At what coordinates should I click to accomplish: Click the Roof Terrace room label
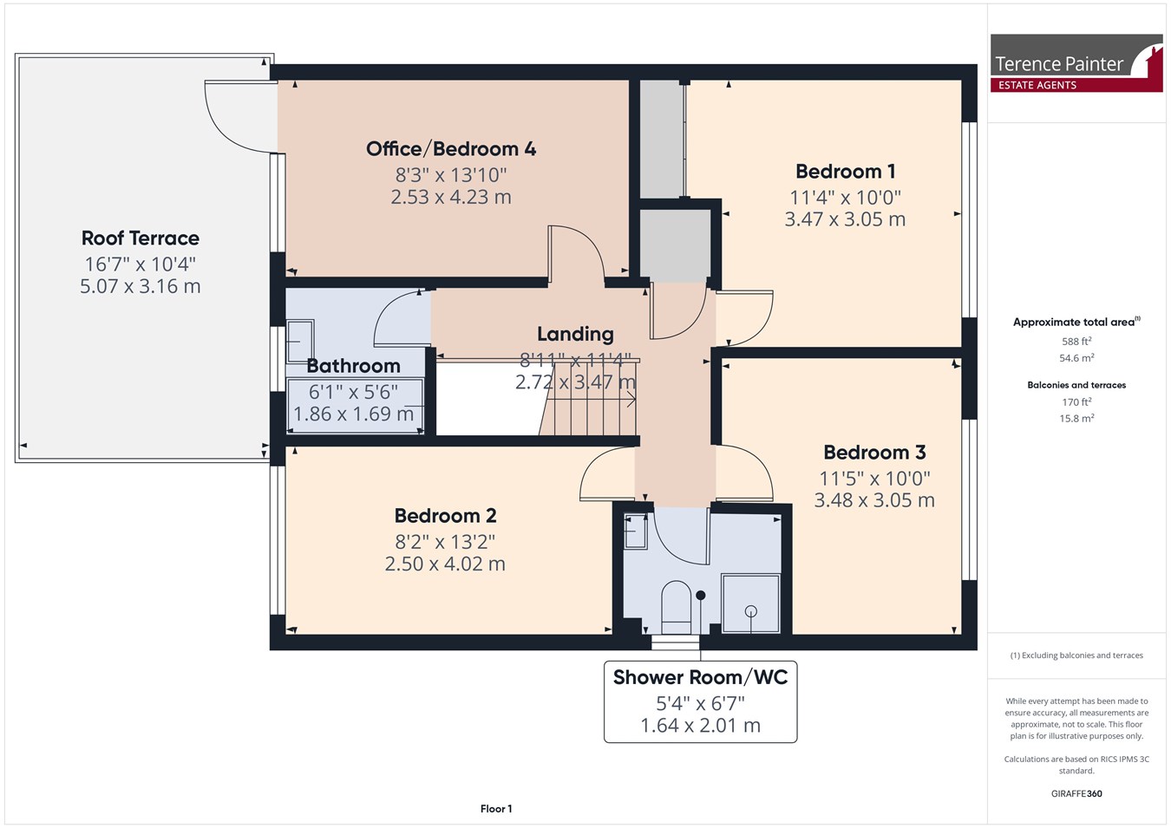[141, 238]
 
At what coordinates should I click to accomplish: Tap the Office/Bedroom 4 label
[451, 149]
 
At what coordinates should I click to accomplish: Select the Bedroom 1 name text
[846, 172]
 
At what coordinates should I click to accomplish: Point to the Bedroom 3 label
[874, 453]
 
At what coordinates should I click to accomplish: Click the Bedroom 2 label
[445, 516]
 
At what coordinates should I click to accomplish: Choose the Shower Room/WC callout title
[701, 677]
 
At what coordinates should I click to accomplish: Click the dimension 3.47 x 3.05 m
[846, 218]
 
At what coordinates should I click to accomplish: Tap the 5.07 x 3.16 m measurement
[141, 286]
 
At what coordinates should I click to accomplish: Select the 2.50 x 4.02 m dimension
[445, 564]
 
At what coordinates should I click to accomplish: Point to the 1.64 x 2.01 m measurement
[701, 725]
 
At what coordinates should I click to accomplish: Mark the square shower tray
[750, 604]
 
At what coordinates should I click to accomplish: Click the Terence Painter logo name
[1059, 64]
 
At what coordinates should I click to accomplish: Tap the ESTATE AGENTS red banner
[1076, 85]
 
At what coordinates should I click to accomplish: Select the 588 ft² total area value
[1076, 341]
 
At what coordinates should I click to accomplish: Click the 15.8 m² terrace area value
[1076, 419]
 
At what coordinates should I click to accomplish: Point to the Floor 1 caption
[496, 809]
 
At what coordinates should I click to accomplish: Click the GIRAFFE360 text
[1076, 793]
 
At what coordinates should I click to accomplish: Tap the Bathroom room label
[353, 366]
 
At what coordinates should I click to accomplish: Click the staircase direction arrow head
[632, 401]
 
